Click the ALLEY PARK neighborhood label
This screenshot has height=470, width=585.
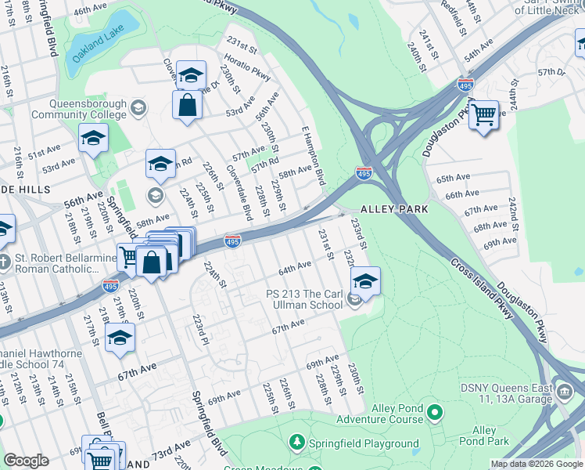393,209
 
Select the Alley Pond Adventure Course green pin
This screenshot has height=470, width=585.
436,411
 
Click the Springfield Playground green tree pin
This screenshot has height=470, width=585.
297,443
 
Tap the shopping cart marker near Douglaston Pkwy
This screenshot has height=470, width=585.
484,114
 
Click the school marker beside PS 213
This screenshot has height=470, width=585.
364,280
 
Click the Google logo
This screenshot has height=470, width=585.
26,461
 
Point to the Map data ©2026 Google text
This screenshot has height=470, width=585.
537,464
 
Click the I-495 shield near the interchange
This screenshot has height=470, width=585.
363,172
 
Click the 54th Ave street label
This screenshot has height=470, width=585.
482,52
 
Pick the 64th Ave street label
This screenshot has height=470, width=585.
295,269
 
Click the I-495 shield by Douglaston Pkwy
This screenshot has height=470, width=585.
464,83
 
